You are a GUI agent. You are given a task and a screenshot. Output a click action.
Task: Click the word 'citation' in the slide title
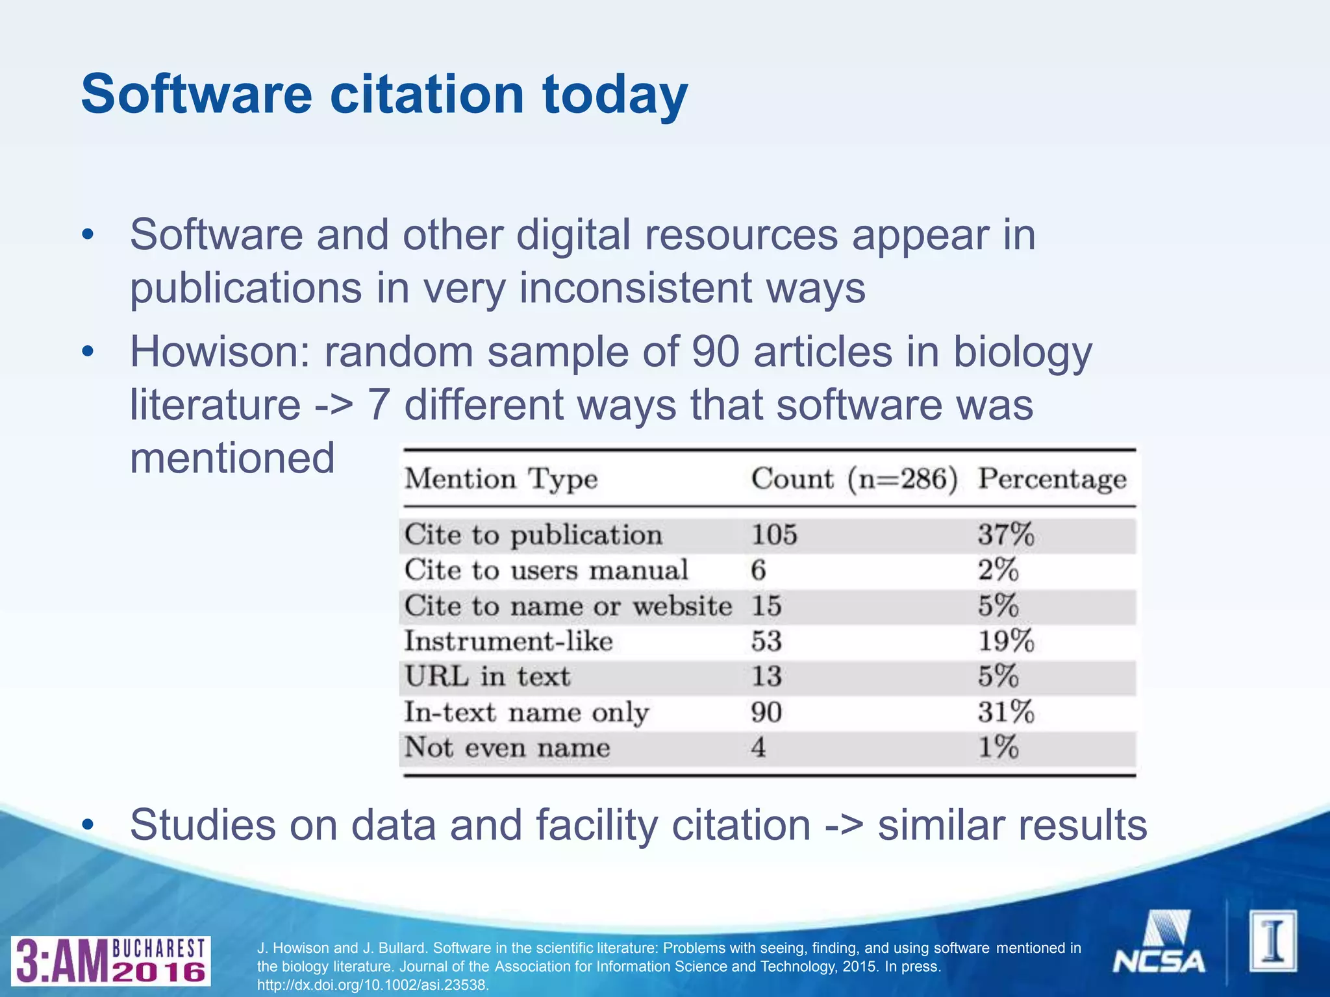[427, 95]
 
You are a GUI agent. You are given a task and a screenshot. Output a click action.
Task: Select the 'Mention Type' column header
[501, 479]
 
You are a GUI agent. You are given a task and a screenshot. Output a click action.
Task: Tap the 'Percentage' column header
[1052, 479]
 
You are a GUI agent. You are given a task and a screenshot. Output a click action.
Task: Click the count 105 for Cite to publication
[773, 535]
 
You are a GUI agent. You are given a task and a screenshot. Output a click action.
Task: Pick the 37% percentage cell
[1005, 535]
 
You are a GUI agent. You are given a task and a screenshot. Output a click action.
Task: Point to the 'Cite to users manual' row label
[546, 571]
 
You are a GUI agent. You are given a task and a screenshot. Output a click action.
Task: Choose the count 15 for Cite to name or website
[766, 606]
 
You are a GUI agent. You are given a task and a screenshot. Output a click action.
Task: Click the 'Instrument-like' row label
[508, 641]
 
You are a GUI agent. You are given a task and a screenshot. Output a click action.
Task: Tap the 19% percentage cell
[1005, 641]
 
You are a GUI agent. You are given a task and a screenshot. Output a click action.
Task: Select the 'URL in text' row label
[487, 677]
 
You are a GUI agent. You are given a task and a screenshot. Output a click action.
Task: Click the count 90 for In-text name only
[766, 713]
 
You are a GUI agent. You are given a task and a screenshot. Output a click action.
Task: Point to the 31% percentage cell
[1005, 713]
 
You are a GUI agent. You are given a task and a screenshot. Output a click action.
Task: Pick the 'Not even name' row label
[507, 748]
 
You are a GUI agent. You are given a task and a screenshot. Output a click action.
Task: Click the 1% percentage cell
[998, 748]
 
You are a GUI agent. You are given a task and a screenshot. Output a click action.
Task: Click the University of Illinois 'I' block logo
[1273, 942]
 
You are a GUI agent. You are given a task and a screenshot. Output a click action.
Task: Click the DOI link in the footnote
[372, 985]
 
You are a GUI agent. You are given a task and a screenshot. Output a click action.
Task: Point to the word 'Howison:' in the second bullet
[220, 352]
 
